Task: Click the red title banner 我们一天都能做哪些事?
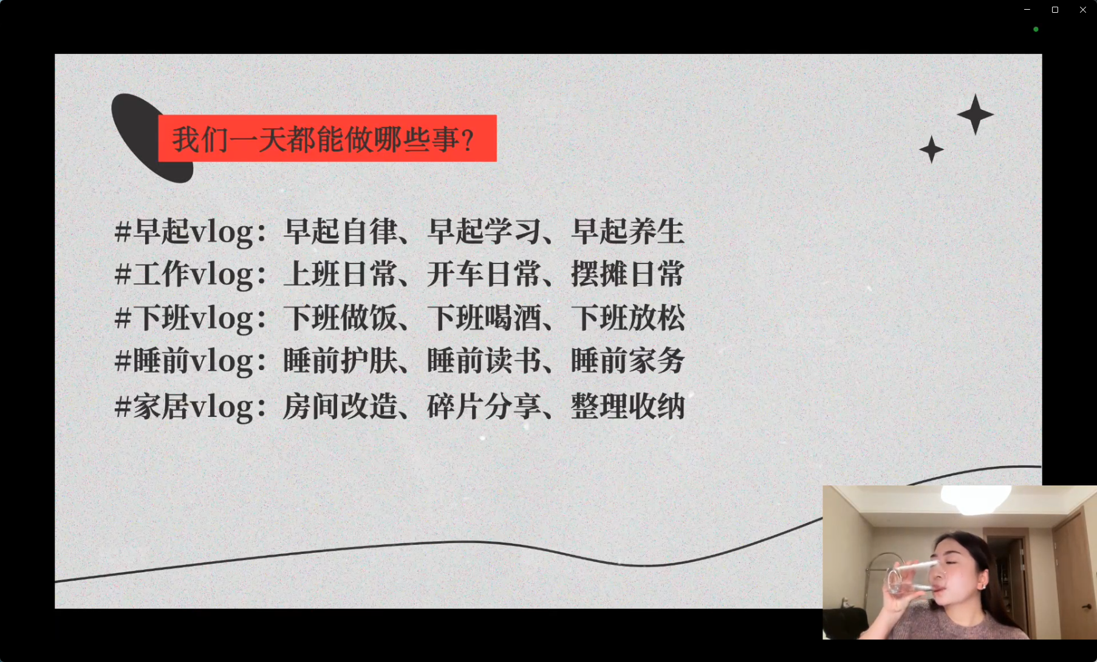[x=327, y=138]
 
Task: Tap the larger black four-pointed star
[x=975, y=114]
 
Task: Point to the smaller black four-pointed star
[x=931, y=149]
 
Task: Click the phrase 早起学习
[x=484, y=231]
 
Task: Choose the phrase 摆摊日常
[x=627, y=274]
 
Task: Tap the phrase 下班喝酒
[x=484, y=318]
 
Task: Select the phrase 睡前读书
[x=484, y=361]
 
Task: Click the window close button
[x=1082, y=10]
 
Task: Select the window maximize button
[x=1055, y=10]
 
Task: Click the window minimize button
[x=1027, y=10]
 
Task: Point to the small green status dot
[x=1036, y=29]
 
